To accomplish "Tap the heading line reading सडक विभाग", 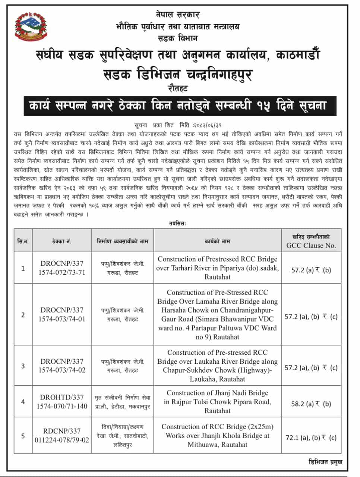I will pos(178,38).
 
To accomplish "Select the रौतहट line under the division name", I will pos(178,88).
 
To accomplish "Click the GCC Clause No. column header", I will pos(311,241).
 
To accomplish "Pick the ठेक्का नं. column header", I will pos(62,241).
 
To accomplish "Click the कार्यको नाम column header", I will pos(217,241).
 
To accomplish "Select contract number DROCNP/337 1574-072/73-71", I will pos(62,268).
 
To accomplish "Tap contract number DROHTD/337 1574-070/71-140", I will pos(62,402).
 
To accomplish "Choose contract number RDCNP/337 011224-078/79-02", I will pos(62,436).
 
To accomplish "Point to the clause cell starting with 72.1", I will pos(311,437).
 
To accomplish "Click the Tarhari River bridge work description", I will pos(217,268).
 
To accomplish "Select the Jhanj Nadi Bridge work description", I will pos(217,402).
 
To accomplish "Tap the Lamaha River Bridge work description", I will pos(217,315).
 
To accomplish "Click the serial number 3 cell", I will pos(23,366).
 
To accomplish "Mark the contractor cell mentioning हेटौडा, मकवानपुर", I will pos(123,402).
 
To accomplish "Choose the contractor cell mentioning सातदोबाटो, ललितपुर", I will pos(123,436).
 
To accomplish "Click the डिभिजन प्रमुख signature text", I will pos(325,462).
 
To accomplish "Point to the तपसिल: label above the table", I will pos(177,223).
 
